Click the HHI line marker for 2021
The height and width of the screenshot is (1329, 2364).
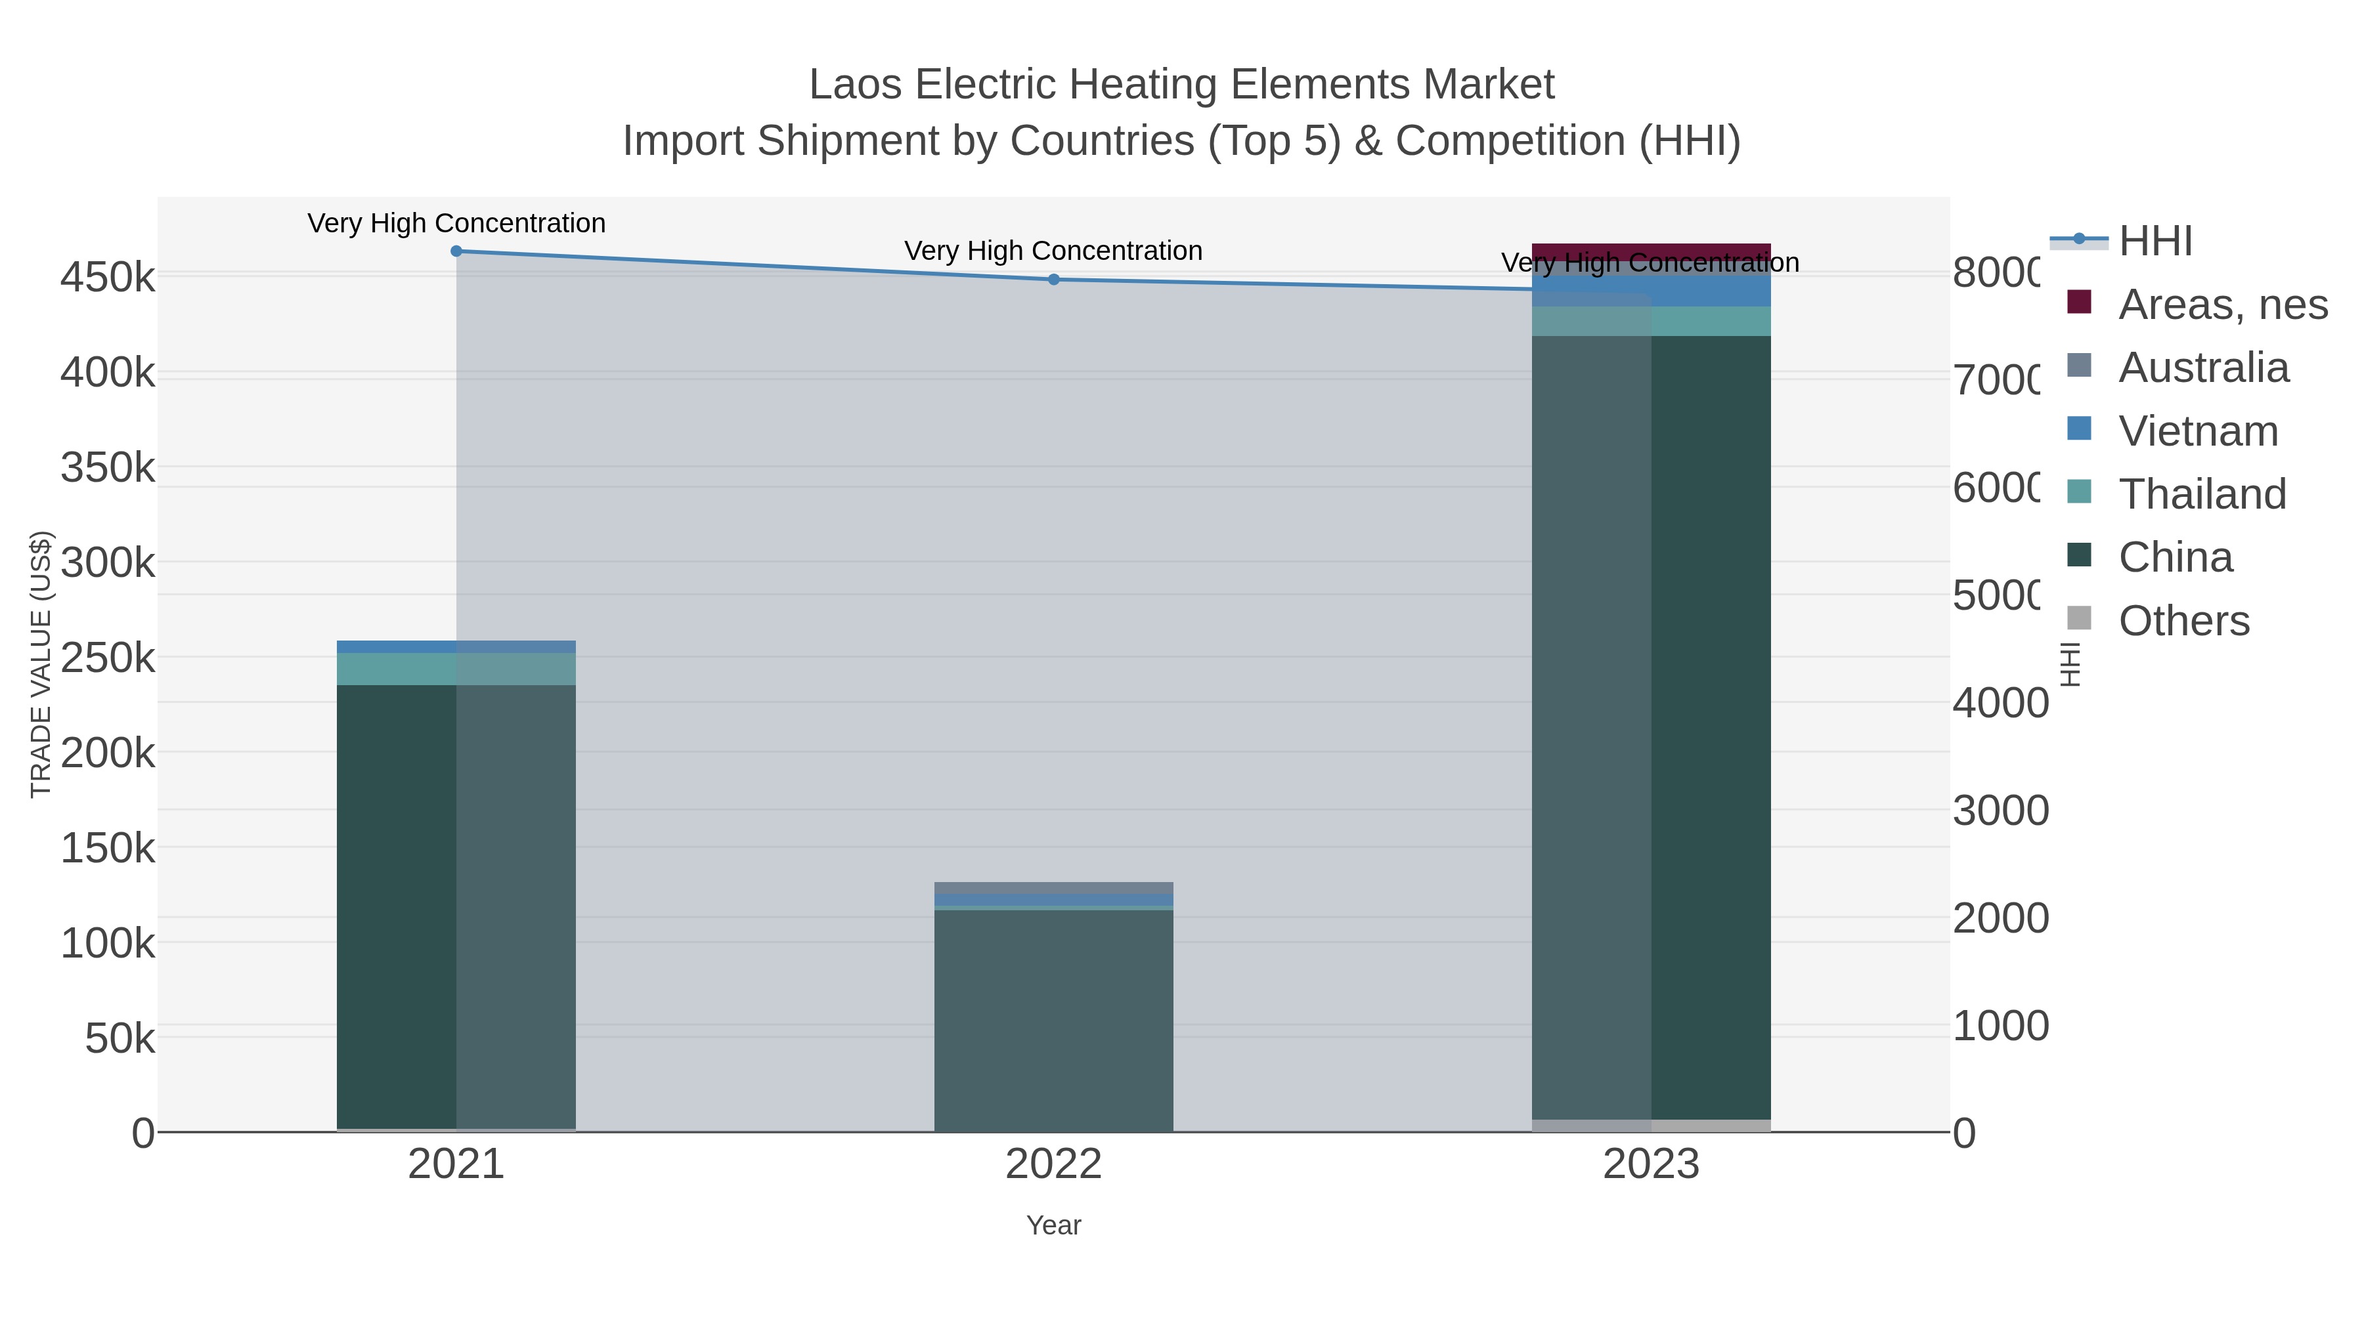pos(456,251)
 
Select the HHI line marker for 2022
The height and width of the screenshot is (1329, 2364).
pos(1053,280)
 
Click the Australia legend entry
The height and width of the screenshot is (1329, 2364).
pos(2203,368)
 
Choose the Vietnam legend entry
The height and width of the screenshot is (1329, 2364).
pos(2198,431)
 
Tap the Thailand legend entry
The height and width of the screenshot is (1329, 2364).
pos(2202,494)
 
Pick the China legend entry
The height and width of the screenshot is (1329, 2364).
pos(2175,558)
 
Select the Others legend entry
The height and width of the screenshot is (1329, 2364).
pos(2183,621)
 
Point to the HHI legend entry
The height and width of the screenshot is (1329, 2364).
pos(2155,242)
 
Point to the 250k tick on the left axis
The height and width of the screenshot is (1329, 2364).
pos(108,658)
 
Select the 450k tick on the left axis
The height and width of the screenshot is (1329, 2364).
pos(108,277)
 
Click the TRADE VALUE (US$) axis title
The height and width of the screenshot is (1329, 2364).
pos(41,664)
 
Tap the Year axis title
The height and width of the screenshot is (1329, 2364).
pos(1053,1225)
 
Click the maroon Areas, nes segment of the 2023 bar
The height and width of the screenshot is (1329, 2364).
pos(1651,251)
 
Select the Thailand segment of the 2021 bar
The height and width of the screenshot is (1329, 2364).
pos(456,669)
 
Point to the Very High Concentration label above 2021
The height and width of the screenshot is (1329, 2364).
pos(456,223)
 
